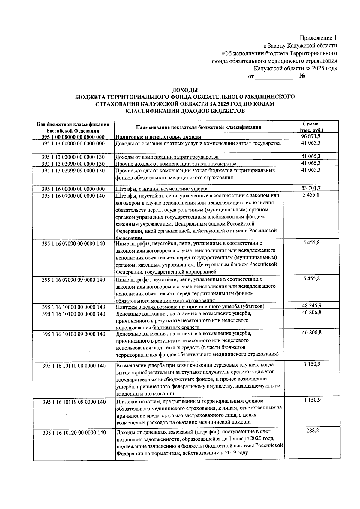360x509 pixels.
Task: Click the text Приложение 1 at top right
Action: point(318,38)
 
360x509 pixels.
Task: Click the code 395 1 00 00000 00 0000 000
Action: point(73,137)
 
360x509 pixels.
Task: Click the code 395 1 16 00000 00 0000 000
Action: point(73,189)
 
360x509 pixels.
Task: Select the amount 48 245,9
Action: point(311,306)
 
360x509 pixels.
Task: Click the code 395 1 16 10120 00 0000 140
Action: point(74,433)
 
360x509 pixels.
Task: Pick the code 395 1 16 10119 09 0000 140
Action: point(74,402)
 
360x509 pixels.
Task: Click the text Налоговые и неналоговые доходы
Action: point(158,137)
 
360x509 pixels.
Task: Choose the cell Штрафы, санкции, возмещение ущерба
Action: point(162,189)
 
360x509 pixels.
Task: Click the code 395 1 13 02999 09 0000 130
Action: point(73,170)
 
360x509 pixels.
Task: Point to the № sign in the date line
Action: point(302,77)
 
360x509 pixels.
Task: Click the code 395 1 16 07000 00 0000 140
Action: point(73,196)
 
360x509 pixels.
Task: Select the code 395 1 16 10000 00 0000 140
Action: point(74,307)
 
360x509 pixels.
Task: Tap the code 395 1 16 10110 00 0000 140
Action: point(74,366)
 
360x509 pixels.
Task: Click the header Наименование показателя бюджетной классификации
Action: point(199,127)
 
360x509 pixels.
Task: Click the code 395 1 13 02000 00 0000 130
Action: point(73,157)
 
